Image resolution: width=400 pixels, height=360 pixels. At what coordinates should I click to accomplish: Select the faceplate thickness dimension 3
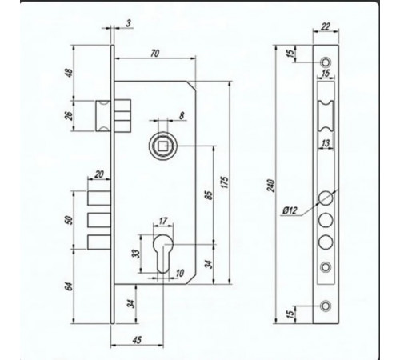129,24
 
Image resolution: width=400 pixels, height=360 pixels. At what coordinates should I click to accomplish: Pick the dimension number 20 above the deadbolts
99,174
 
